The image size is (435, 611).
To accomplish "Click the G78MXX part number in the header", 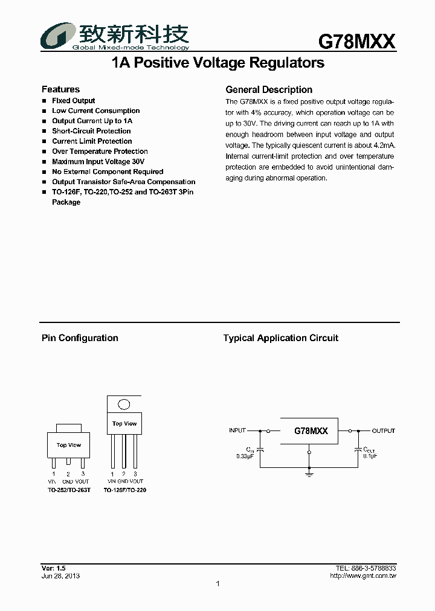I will pos(356,41).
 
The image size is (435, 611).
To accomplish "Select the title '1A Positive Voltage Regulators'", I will pos(218,63).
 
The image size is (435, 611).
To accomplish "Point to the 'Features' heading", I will pos(60,89).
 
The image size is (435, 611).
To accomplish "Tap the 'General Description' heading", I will pos(269,89).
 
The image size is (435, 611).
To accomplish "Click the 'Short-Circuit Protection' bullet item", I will pos(91,131).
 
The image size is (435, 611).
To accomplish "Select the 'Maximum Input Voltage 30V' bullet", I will pos(98,162).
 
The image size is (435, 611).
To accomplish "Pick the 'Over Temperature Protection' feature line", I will pos(100,152).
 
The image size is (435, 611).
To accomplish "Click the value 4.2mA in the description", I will pos(384,146).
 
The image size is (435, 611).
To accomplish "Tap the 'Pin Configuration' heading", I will pos(80,338).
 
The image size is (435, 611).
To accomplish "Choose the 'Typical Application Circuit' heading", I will pos(281,338).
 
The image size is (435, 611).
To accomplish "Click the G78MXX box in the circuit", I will pos(311,431).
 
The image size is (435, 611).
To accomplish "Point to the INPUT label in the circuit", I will pos(237,431).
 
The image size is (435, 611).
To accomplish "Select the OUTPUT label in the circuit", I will pos(383,431).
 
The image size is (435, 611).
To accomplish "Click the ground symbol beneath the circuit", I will pos(309,475).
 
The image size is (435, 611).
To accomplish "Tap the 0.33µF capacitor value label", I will pos(245,456).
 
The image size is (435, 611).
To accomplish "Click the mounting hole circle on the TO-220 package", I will pos(124,405).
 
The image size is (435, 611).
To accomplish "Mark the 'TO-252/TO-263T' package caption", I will pos(69,490).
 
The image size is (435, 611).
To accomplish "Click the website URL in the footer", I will pos(363,576).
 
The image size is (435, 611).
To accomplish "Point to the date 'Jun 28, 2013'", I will pos(60,576).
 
